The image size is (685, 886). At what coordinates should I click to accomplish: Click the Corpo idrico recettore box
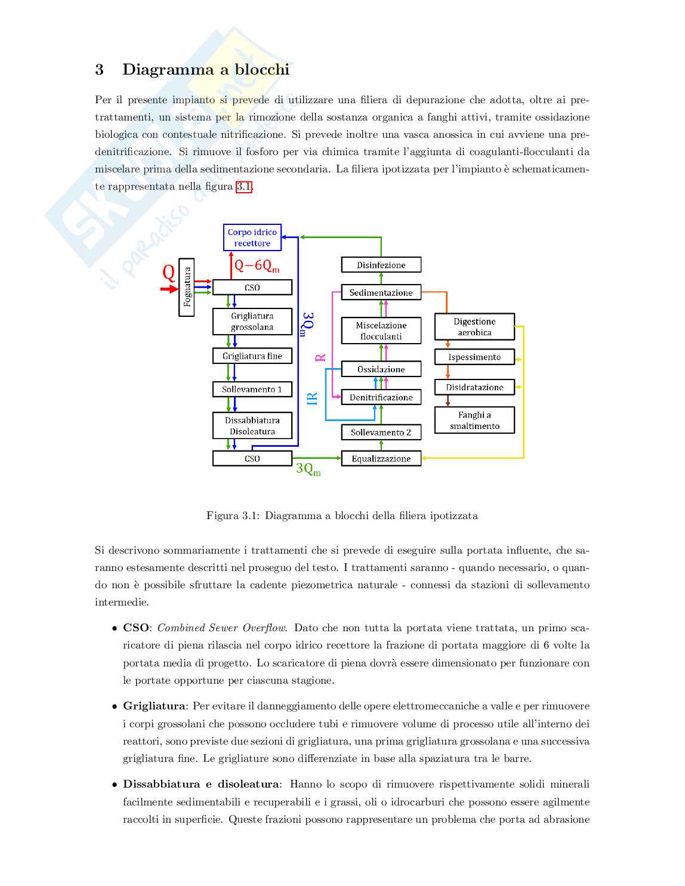tap(252, 237)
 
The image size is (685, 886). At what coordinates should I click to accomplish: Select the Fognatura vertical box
tap(187, 288)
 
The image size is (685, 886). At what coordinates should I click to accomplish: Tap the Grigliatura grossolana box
tap(252, 322)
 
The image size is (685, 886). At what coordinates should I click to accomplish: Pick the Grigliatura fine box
tap(252, 356)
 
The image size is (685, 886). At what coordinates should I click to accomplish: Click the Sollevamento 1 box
tap(252, 390)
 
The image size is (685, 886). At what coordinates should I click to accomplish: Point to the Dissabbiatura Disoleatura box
tap(252, 426)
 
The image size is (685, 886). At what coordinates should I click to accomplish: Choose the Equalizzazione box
tap(381, 459)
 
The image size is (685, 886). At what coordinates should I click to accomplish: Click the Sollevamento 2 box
tap(381, 433)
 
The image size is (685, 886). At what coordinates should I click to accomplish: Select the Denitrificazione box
tap(381, 397)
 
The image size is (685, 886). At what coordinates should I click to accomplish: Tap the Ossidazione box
tap(381, 369)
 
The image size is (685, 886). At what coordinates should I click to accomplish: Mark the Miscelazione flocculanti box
tap(381, 331)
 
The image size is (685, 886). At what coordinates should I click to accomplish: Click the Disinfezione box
tap(381, 265)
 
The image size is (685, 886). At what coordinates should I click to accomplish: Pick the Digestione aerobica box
tap(474, 327)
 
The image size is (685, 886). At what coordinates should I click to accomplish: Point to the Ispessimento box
tap(474, 357)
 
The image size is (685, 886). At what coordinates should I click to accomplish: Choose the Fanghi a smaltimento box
tap(474, 421)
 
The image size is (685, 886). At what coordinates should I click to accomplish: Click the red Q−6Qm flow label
tap(257, 266)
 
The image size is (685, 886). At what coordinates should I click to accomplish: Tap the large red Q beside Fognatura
tap(169, 273)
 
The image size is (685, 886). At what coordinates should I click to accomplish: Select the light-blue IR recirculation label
tap(312, 399)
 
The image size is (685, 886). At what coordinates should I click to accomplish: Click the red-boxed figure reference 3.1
tap(244, 187)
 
